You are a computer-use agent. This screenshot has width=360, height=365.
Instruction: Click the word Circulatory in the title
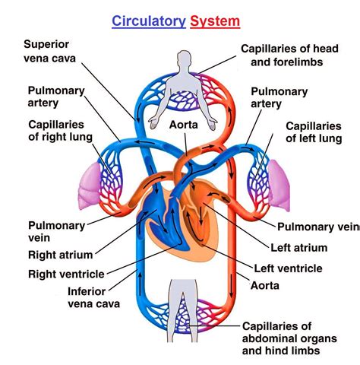click(x=148, y=21)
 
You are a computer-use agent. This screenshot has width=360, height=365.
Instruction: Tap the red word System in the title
click(x=215, y=21)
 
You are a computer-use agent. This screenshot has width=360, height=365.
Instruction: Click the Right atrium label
click(x=62, y=255)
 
